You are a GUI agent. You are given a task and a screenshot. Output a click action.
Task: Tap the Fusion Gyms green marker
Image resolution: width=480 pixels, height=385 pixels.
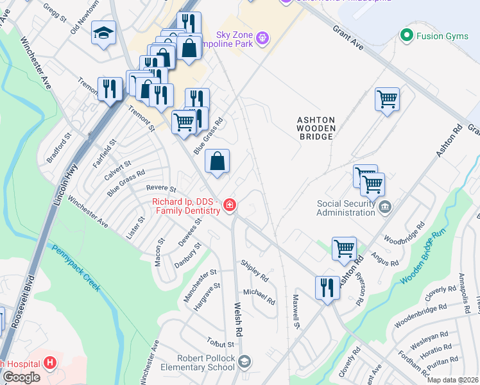(x=405, y=35)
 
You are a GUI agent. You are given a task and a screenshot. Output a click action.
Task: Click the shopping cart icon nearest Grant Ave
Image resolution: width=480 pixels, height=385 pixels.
(x=387, y=99)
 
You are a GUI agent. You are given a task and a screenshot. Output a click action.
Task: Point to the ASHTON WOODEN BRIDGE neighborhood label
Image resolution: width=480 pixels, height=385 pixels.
(x=316, y=128)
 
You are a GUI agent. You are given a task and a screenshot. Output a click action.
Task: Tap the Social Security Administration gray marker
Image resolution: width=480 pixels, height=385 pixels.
(x=384, y=207)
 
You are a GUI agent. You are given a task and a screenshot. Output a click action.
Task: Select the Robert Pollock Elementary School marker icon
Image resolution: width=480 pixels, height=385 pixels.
(x=244, y=363)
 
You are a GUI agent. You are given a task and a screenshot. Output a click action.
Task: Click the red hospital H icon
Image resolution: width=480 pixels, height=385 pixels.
(x=50, y=363)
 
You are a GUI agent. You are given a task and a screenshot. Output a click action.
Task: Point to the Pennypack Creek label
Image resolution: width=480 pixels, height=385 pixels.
(x=76, y=269)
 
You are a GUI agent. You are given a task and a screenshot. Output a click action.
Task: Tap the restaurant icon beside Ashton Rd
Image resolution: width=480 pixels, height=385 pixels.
(x=327, y=287)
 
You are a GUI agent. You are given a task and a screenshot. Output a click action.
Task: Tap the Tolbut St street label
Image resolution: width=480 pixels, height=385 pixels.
(x=220, y=344)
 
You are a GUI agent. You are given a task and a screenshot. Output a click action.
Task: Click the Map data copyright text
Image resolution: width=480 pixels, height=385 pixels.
(x=452, y=380)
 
